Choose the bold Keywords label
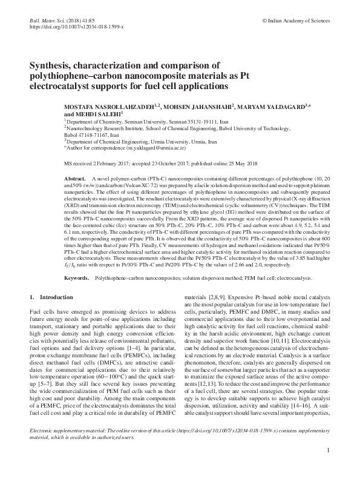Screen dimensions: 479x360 coord(77,278)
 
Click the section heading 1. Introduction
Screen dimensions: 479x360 coord(52,298)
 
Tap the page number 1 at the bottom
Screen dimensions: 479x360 coord(327,467)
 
